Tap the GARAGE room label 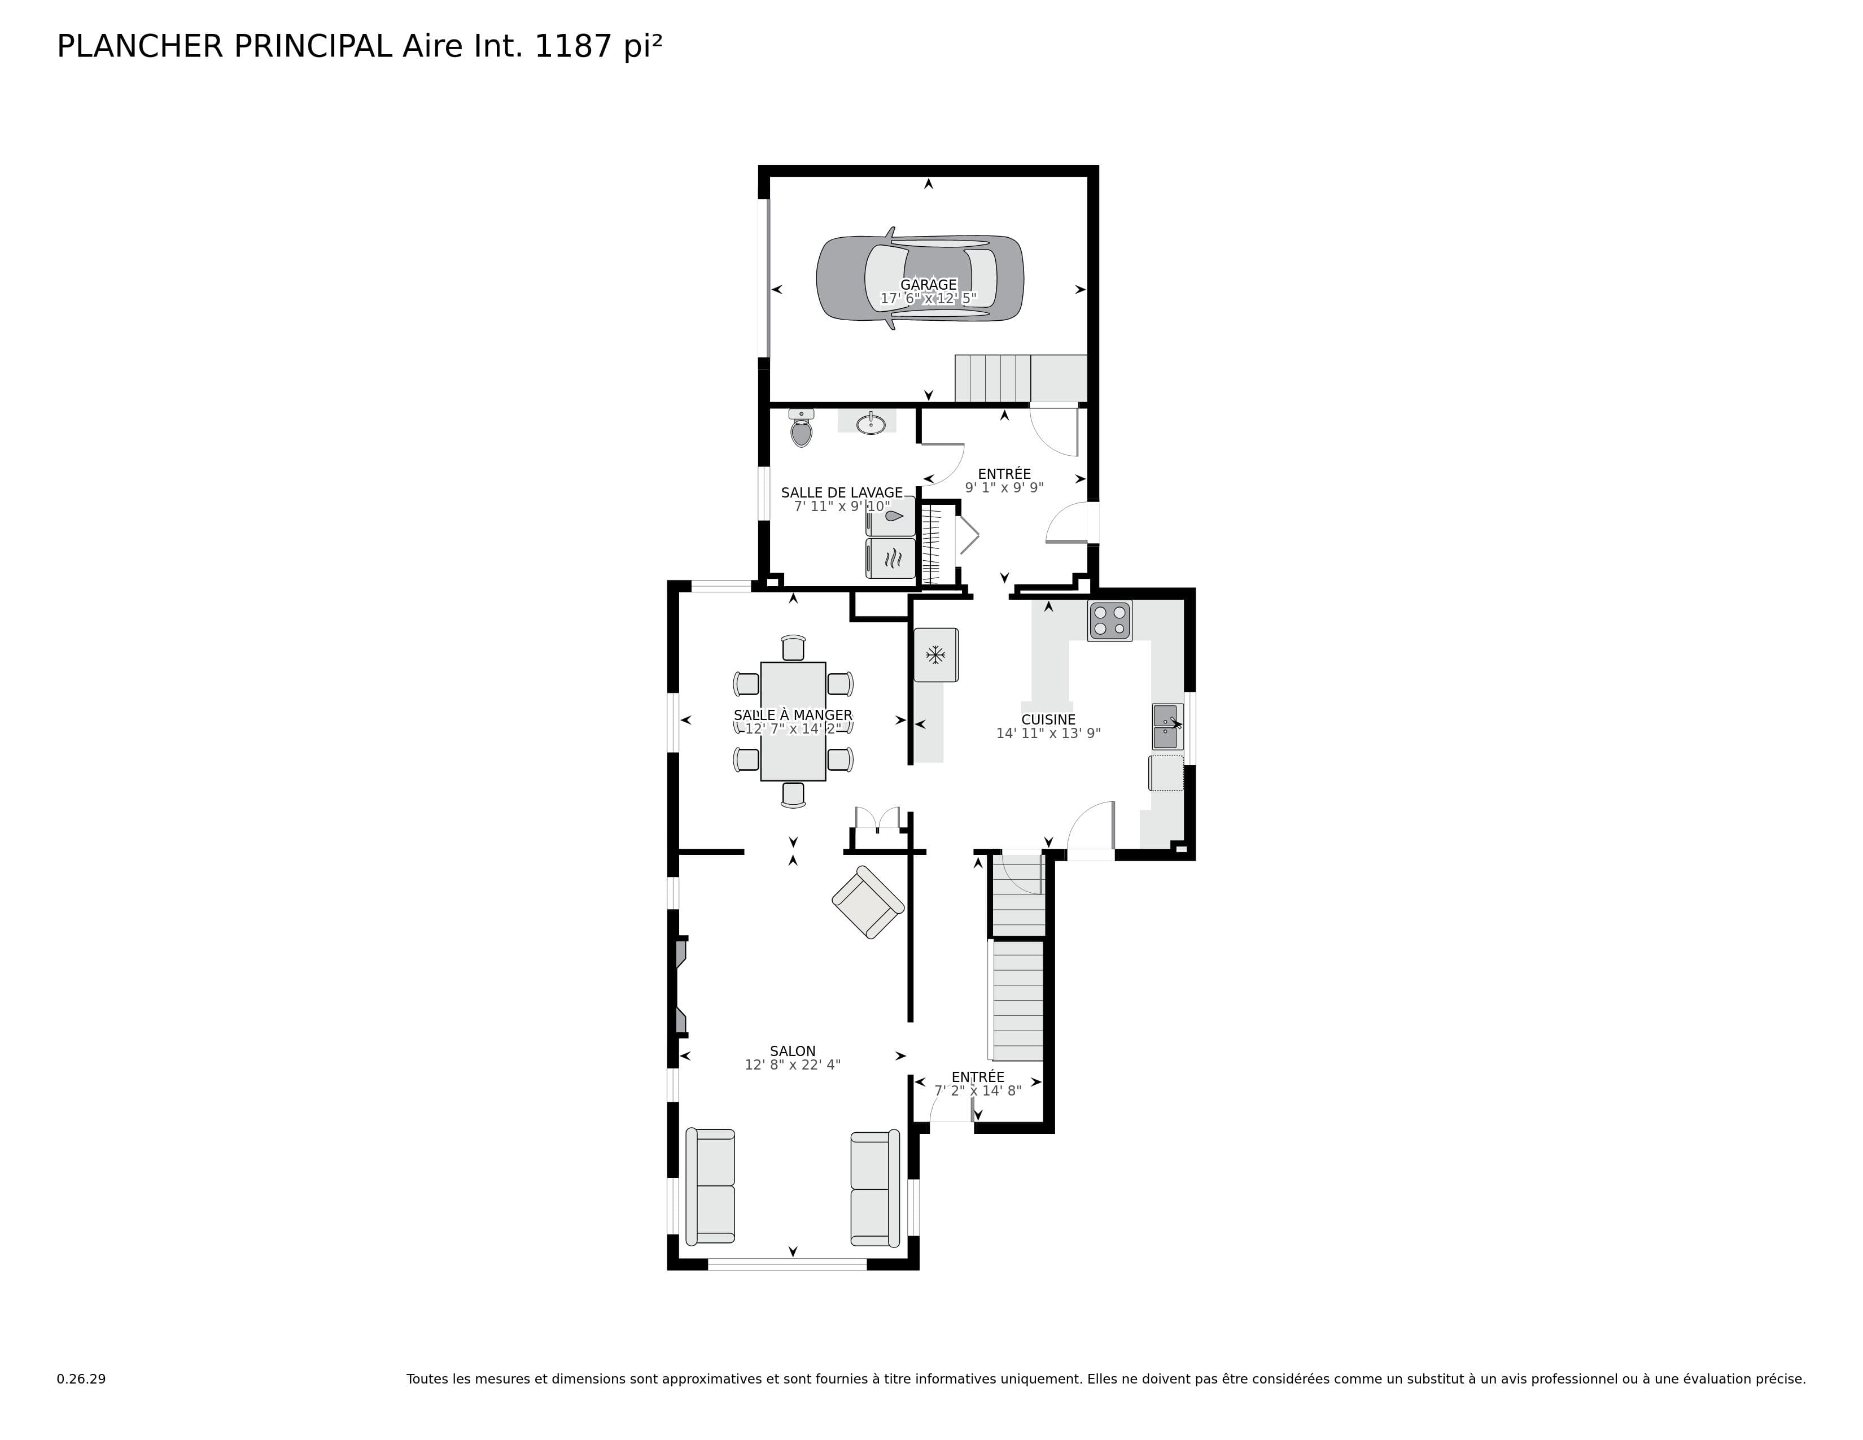coord(928,285)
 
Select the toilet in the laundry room coord(801,427)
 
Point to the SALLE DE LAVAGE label coord(842,493)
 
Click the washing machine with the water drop coord(890,516)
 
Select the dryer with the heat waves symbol coord(890,558)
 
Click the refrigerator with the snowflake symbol coord(936,655)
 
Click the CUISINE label coord(1048,720)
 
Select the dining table coord(793,721)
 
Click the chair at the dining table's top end coord(793,648)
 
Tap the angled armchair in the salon coord(868,902)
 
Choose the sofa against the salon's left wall coord(711,1186)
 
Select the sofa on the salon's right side coord(875,1188)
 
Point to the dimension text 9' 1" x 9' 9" coord(1004,488)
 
